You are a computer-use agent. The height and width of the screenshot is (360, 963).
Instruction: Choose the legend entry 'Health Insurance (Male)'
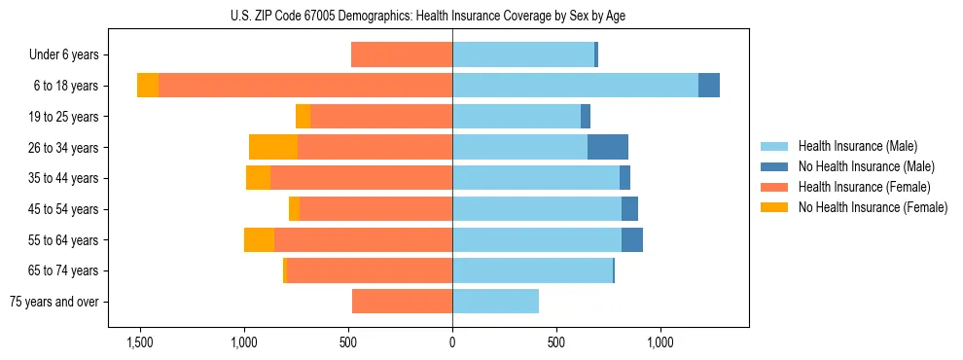(x=857, y=146)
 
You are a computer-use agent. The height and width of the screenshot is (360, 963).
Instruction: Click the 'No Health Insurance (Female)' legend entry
(x=872, y=207)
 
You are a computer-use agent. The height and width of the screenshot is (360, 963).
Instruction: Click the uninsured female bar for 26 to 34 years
(x=273, y=147)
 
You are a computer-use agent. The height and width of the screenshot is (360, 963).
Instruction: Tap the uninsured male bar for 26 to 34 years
(x=608, y=147)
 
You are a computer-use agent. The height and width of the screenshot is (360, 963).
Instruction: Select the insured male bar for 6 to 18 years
(x=575, y=86)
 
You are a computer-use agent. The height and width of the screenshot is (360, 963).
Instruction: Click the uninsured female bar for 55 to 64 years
(x=259, y=240)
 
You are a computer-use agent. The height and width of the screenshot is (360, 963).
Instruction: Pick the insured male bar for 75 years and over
(x=495, y=302)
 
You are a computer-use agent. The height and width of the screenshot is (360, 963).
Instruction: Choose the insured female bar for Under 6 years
(x=402, y=55)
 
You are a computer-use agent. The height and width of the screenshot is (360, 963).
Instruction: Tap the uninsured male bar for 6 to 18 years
(x=709, y=86)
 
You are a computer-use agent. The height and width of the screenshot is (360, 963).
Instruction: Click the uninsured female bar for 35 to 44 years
(x=258, y=178)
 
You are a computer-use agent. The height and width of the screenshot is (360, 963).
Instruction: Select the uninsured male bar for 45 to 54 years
(x=629, y=209)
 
